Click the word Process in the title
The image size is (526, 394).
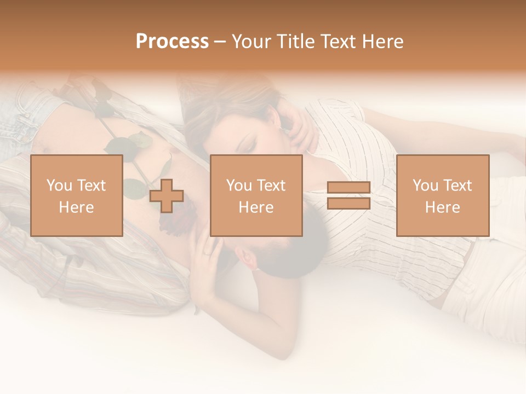point(172,42)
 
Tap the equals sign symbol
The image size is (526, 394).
point(348,195)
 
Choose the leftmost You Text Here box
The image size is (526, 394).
point(77,196)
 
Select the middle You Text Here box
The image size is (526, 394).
point(256,196)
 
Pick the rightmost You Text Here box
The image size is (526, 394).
point(443,196)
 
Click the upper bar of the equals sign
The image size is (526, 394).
point(348,188)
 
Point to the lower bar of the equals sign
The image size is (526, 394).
point(348,203)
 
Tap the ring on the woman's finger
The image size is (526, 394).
point(205,252)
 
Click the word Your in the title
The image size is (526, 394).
point(250,42)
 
